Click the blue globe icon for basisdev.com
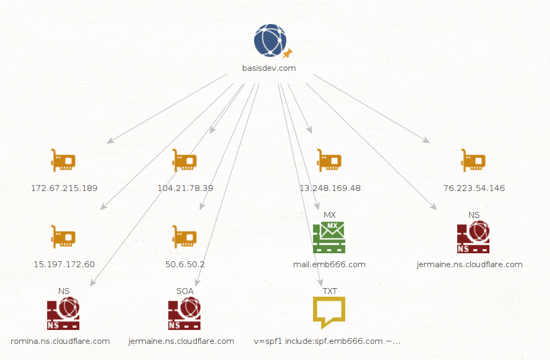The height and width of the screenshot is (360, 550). tap(270, 40)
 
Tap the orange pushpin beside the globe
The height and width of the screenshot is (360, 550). tap(288, 54)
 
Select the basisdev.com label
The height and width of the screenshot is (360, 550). tap(269, 68)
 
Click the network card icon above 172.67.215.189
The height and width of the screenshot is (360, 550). tap(63, 160)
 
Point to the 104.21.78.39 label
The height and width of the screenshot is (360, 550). tap(185, 188)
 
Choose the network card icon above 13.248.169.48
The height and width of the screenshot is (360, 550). tap(329, 160)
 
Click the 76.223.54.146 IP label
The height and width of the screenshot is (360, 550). tap(474, 188)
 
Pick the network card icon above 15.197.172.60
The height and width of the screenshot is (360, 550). tap(63, 237)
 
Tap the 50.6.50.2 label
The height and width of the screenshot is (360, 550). tap(185, 265)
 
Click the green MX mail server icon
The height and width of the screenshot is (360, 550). tap(329, 237)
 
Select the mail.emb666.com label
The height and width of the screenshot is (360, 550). tap(329, 265)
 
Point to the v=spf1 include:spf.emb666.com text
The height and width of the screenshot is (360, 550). tap(318, 341)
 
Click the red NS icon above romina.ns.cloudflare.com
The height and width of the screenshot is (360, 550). tap(63, 313)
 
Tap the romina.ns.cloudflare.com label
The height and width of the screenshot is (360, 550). tap(61, 341)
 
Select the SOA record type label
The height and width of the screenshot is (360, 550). tap(185, 291)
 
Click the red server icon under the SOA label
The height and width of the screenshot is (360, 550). tap(184, 313)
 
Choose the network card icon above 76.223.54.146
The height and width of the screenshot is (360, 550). tap(473, 160)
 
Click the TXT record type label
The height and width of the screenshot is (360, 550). tap(330, 291)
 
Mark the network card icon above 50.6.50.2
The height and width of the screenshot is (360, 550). tap(184, 237)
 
